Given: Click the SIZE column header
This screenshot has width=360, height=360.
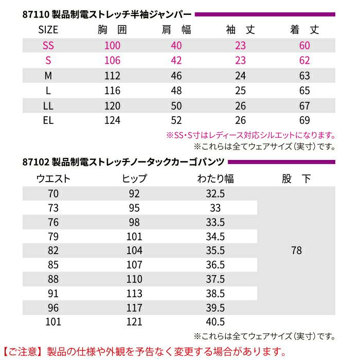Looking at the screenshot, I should [x=48, y=30].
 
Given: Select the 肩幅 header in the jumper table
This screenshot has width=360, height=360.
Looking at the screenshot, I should [x=176, y=30].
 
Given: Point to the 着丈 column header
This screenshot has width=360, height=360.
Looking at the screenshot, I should [x=304, y=30].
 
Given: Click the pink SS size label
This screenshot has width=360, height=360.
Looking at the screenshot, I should [x=48, y=46].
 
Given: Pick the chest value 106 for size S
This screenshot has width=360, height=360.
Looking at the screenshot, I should [x=112, y=61].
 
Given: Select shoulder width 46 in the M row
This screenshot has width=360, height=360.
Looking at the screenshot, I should [x=176, y=76].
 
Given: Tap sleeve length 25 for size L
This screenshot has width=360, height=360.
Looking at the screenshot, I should [x=241, y=91].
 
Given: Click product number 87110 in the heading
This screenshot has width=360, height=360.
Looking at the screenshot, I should [x=35, y=14].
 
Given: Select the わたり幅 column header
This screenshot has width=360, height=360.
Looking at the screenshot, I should [x=215, y=179].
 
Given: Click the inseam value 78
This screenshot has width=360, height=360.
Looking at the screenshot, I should [x=296, y=251].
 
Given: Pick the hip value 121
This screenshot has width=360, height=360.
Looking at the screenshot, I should [x=135, y=322].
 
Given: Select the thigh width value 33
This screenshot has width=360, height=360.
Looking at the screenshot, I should [x=215, y=208].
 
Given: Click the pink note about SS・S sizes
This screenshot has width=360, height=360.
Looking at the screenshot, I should [x=251, y=136].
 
